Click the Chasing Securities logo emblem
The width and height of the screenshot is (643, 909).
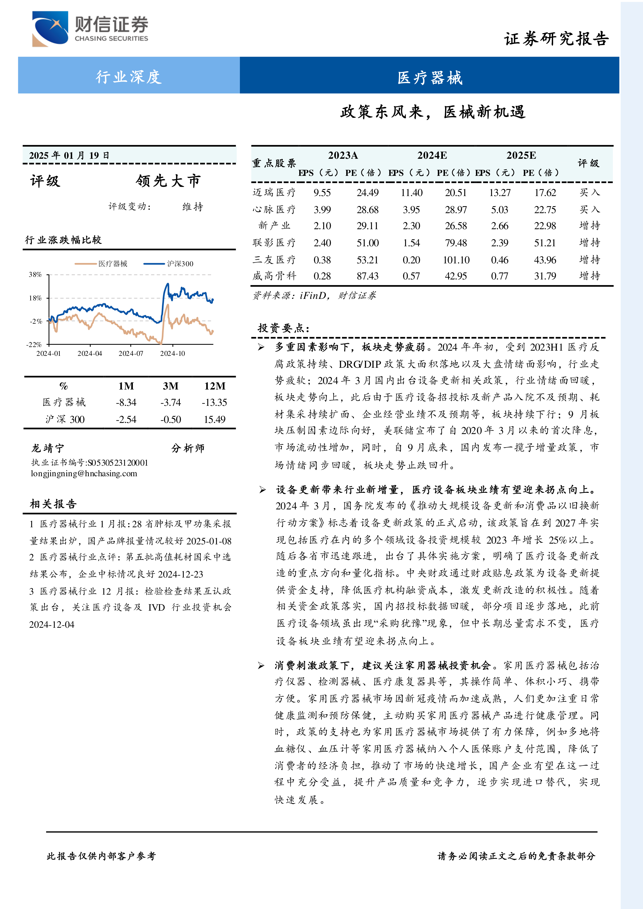coord(50,29)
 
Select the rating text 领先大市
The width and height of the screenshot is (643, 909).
coord(168,181)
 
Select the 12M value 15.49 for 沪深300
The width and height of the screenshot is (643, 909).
coord(214,419)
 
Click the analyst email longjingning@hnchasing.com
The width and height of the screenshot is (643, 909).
coord(84,473)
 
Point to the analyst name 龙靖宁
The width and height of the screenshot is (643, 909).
coord(47,448)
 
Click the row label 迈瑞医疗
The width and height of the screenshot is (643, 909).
coord(274,192)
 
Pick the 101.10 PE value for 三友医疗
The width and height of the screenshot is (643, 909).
coord(456,260)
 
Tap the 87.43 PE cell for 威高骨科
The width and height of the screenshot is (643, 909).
coord(367,276)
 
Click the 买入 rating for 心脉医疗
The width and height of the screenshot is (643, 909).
coord(590,210)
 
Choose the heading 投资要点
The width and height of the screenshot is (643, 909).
coord(283,328)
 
